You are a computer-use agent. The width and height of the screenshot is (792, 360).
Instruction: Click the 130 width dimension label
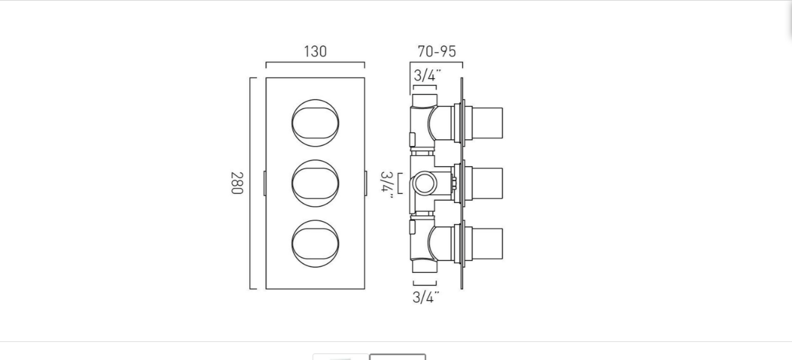315,52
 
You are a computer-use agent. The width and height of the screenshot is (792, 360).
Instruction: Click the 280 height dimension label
236,183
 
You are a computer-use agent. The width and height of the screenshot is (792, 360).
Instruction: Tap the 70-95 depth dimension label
436,52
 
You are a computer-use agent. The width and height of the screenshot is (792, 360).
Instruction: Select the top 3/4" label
427,76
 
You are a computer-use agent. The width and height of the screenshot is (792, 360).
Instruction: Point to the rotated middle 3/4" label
387,184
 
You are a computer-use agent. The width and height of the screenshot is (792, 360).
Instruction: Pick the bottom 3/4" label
425,297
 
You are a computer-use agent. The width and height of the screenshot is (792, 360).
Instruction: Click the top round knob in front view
315,122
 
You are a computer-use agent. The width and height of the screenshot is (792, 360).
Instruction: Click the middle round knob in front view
315,183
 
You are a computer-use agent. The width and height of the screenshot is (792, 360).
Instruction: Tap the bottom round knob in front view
315,244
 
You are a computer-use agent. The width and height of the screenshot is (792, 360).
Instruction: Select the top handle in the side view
487,123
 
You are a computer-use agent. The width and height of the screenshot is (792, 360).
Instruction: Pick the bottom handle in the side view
487,244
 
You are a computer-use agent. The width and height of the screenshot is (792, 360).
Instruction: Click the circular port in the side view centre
422,184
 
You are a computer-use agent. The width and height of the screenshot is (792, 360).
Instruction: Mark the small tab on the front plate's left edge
264,183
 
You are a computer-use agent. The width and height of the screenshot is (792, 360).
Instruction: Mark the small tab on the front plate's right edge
366,183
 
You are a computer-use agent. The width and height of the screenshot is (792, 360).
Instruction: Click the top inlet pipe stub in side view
424,100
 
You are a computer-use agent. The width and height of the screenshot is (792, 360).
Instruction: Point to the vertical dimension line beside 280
250,183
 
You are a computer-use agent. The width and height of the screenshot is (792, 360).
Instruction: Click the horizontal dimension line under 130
315,62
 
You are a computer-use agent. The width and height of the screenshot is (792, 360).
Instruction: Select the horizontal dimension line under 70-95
436,62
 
